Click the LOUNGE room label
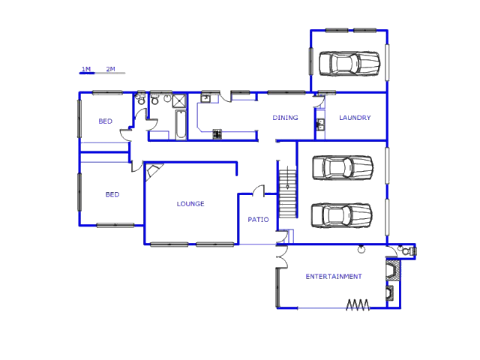(190, 204)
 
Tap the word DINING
(285, 118)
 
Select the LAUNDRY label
(355, 118)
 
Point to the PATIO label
(258, 220)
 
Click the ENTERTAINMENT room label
(334, 277)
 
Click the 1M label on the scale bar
(86, 69)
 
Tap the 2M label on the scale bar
(110, 69)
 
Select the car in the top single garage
(349, 64)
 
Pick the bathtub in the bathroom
(181, 124)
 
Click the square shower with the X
(179, 100)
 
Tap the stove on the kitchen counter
(217, 134)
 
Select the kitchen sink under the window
(205, 98)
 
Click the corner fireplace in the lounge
(154, 172)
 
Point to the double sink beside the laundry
(320, 124)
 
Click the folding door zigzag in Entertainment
(358, 304)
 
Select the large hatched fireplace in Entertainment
(393, 270)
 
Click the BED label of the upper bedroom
(105, 121)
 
